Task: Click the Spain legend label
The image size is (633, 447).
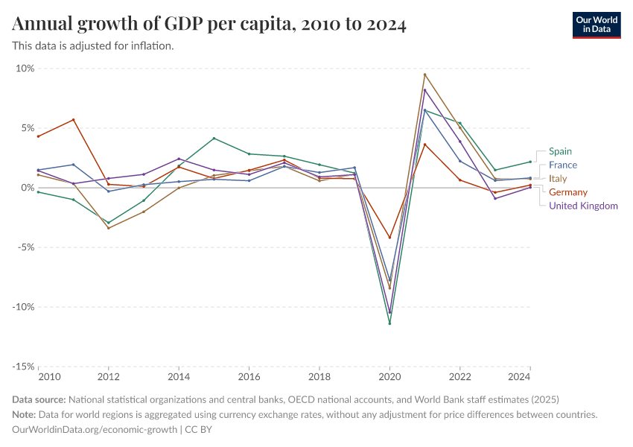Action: pyautogui.click(x=560, y=151)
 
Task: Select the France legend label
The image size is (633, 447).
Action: pyautogui.click(x=562, y=165)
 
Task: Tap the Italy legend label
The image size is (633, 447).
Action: pyautogui.click(x=558, y=179)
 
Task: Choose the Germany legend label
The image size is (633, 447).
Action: pyautogui.click(x=567, y=192)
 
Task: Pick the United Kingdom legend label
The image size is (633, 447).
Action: pyautogui.click(x=583, y=206)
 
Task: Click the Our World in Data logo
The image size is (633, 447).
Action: pyautogui.click(x=596, y=25)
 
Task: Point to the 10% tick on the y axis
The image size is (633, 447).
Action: pyautogui.click(x=25, y=69)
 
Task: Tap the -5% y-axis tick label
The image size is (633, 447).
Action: pyautogui.click(x=25, y=247)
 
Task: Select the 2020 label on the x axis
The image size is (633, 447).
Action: pyautogui.click(x=389, y=378)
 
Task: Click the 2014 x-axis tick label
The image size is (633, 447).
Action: pyautogui.click(x=179, y=378)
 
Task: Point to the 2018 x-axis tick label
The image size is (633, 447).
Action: pyautogui.click(x=319, y=378)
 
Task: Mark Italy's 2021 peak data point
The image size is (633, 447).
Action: pyautogui.click(x=424, y=74)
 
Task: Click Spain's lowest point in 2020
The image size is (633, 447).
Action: pyautogui.click(x=389, y=323)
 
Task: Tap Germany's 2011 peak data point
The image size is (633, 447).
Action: pyautogui.click(x=74, y=120)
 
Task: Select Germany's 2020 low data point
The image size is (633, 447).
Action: pyautogui.click(x=389, y=238)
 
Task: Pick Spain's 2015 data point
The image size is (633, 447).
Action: pyautogui.click(x=214, y=139)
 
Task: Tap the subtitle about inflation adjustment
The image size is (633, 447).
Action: pyautogui.click(x=93, y=45)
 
